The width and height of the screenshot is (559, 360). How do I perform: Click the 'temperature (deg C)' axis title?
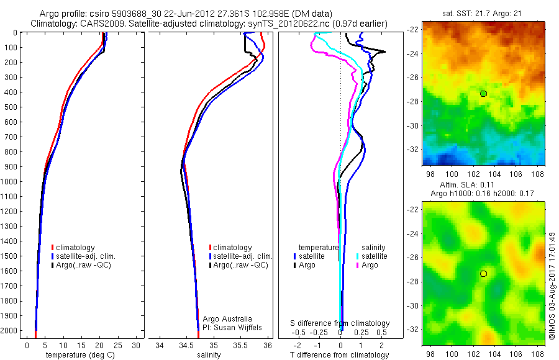pyautogui.click(x=78, y=355)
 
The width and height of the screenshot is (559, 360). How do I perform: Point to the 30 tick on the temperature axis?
pyautogui.click(x=136, y=344)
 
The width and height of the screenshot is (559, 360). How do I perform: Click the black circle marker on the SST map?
pyautogui.click(x=483, y=93)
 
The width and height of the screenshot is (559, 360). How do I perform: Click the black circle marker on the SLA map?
pyautogui.click(x=483, y=274)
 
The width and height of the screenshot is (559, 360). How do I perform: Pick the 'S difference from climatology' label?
pyautogui.click(x=340, y=323)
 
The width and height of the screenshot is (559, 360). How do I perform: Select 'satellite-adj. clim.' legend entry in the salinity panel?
pyautogui.click(x=243, y=256)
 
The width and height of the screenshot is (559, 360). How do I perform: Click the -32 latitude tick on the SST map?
pyautogui.click(x=412, y=150)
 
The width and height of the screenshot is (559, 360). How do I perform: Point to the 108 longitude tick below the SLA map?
pyautogui.click(x=539, y=353)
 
